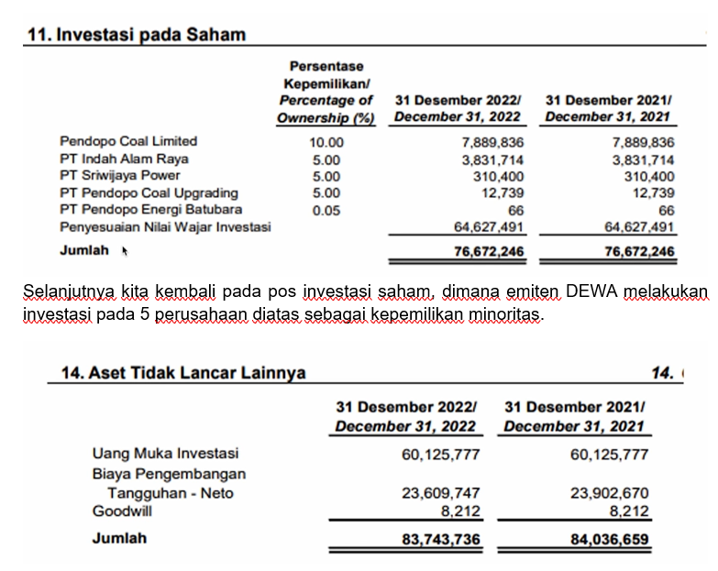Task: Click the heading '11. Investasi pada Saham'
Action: click(137, 35)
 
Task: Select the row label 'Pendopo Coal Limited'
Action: click(128, 141)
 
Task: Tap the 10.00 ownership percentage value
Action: click(326, 142)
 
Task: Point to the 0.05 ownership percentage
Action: click(326, 210)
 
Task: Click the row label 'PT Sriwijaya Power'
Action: click(120, 175)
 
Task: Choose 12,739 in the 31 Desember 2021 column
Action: click(654, 193)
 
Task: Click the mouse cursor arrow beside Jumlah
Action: click(124, 250)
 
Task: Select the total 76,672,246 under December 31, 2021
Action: click(639, 252)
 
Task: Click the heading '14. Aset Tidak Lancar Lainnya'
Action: click(182, 373)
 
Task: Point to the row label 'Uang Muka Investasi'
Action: click(165, 454)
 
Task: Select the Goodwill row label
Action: click(122, 511)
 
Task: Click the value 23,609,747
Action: click(440, 493)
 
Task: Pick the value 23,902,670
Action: click(609, 493)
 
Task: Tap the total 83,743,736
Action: click(440, 540)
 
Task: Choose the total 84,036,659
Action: click(609, 540)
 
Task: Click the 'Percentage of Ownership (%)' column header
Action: click(326, 109)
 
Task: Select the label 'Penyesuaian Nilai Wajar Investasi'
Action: click(165, 226)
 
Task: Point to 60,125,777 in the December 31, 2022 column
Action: click(440, 454)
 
